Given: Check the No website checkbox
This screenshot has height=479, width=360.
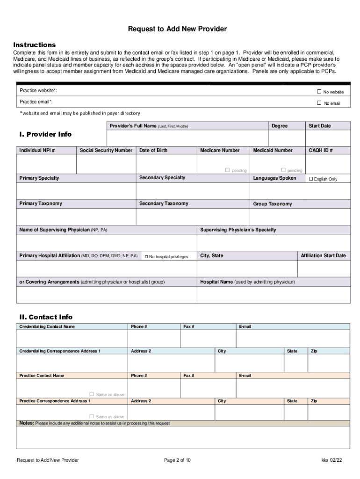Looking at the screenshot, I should (319, 92).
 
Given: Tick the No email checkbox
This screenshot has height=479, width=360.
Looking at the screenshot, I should (319, 103).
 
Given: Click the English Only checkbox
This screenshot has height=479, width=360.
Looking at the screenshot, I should (311, 179).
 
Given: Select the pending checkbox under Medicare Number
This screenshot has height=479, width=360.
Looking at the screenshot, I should (228, 170).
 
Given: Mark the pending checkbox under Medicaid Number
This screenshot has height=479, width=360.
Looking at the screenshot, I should (283, 170).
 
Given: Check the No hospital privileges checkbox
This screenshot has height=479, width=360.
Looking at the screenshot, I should (146, 257).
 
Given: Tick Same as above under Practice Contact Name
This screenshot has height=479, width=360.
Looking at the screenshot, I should (92, 394).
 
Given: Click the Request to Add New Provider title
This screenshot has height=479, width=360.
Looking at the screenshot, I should (177, 29).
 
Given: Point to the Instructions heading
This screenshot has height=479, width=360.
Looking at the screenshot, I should (34, 45).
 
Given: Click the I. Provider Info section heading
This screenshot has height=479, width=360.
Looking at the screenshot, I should (45, 134).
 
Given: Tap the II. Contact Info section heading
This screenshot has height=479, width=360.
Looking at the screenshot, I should (45, 317).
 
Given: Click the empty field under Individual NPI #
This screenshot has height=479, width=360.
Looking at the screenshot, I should (46, 164).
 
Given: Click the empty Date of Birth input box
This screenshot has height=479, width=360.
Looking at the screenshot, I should (166, 164).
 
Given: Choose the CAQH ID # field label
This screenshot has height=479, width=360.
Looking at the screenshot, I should (321, 150).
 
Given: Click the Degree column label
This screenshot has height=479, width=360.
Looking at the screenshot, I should (280, 126).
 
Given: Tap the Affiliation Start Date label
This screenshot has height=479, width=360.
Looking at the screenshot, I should (323, 256).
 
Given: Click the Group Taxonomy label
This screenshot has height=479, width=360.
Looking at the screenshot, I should (272, 204).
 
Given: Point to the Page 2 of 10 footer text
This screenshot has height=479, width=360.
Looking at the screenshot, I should (177, 460).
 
